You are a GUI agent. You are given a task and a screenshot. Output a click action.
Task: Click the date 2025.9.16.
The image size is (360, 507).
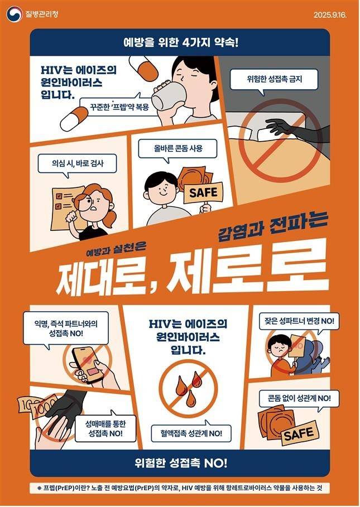coord(330,14)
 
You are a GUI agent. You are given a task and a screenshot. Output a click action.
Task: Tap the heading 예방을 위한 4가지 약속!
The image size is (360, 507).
coord(180,42)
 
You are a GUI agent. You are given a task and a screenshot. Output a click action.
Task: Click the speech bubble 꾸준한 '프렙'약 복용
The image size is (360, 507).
coord(115,106)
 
